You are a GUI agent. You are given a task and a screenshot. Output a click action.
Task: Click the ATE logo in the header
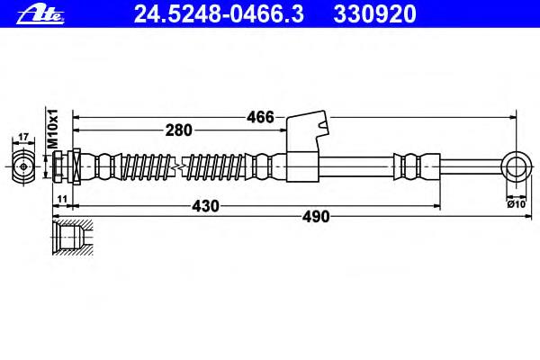pos(40,14)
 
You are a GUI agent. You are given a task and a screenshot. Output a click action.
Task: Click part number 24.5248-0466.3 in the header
pos(219,14)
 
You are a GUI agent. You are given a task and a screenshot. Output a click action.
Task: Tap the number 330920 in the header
pos(374,14)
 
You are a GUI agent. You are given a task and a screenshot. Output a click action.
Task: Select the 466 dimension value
pos(260,117)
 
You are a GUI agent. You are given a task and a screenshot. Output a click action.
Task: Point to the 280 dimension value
pos(178,130)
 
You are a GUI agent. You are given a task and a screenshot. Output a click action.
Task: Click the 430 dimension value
pos(205,206)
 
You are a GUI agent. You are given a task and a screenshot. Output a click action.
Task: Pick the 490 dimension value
pos(316,217)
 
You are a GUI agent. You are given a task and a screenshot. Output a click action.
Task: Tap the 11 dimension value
pos(62,199)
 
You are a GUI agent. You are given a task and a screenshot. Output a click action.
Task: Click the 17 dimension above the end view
pos(23,137)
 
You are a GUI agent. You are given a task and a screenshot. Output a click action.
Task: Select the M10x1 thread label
pos(53,129)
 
